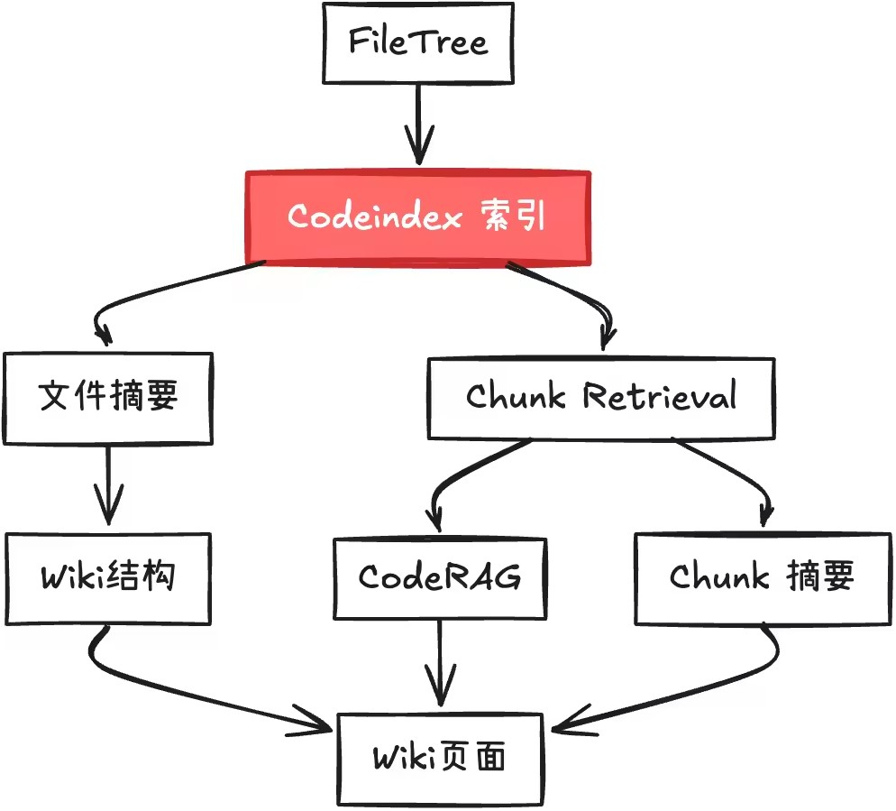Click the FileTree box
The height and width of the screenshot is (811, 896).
click(418, 42)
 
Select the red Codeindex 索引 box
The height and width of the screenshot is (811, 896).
click(417, 217)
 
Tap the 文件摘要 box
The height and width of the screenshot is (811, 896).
click(108, 397)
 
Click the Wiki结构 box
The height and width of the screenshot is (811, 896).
click(108, 577)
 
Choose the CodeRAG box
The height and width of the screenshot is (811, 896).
click(440, 577)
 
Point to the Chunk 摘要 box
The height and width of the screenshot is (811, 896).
click(762, 577)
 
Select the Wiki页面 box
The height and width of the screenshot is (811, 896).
click(440, 758)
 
